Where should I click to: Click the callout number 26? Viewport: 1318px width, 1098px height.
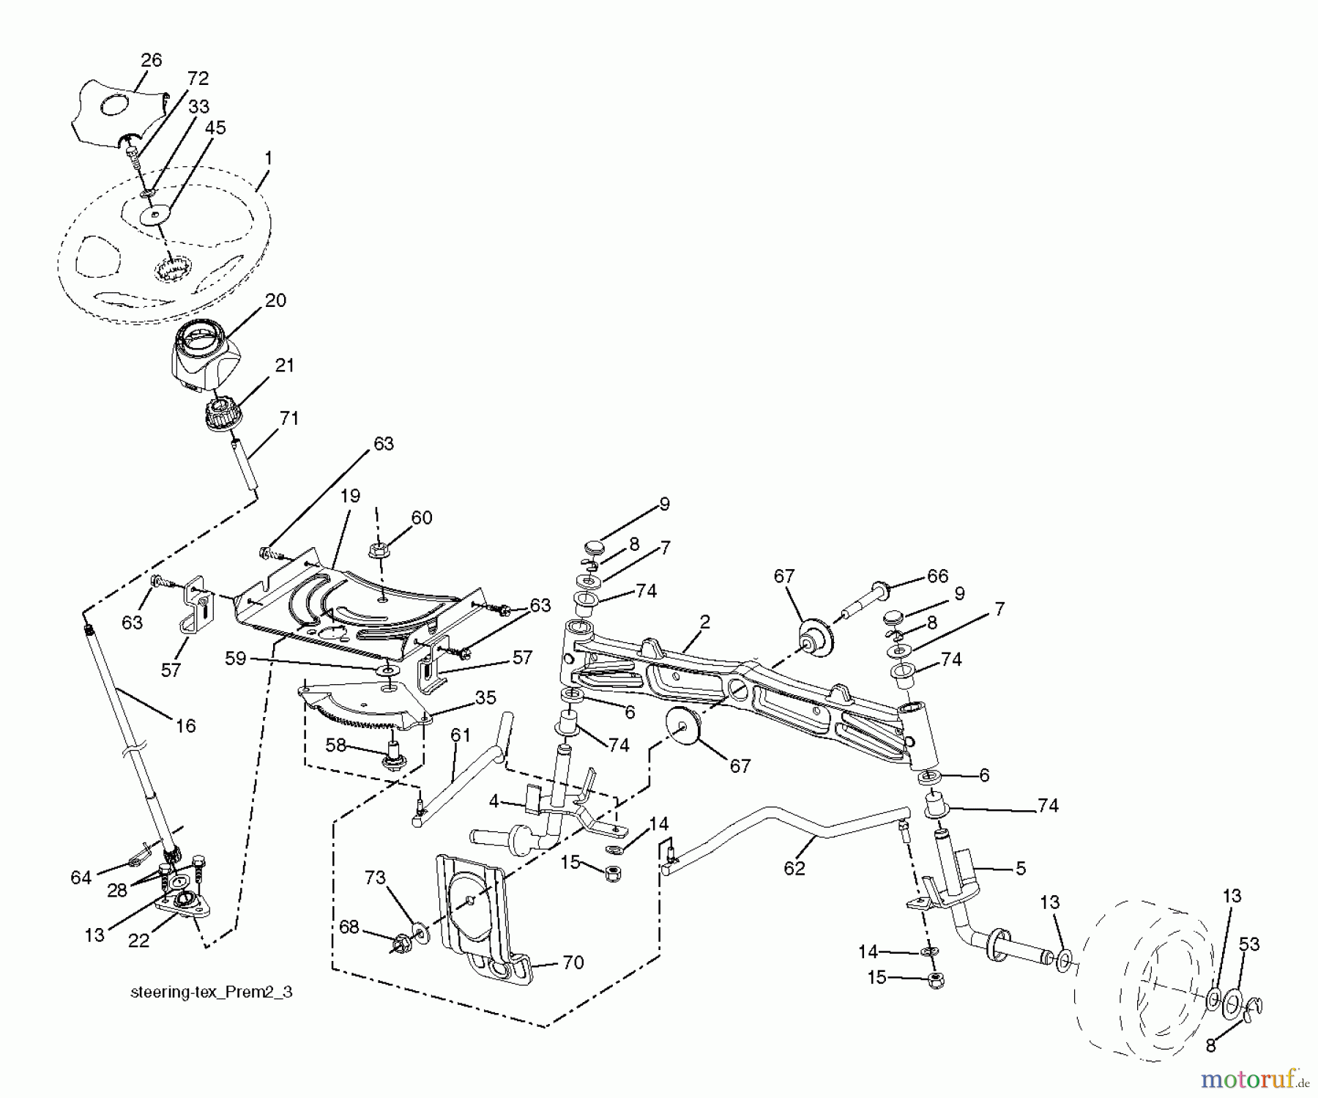pos(151,61)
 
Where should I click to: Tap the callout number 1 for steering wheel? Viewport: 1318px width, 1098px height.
pos(269,157)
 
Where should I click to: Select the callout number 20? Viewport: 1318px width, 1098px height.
pos(275,300)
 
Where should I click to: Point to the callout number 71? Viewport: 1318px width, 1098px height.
pos(289,418)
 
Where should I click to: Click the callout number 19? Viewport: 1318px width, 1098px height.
pos(350,496)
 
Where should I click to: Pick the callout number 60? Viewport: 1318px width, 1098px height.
pos(421,518)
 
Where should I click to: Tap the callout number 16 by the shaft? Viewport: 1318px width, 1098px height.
pos(185,725)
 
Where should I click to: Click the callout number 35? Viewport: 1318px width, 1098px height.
pos(485,697)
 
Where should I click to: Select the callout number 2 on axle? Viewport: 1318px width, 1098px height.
pos(704,623)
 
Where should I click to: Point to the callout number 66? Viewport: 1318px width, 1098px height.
pos(937,576)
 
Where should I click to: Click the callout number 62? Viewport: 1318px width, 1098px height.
pos(794,869)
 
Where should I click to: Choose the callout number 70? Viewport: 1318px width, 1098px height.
pos(573,962)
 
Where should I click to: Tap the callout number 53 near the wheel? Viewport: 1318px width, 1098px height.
pos(1248,944)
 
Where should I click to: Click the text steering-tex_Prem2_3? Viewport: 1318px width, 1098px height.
pos(212,993)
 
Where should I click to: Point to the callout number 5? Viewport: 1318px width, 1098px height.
pos(1021,869)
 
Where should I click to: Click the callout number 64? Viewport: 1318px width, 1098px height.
pos(81,877)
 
